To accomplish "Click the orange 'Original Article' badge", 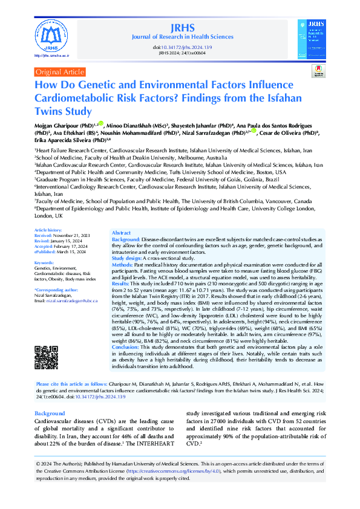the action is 61,72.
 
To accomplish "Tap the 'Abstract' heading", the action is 121,233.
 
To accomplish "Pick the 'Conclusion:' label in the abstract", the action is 126,347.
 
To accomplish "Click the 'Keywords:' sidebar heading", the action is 44,262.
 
